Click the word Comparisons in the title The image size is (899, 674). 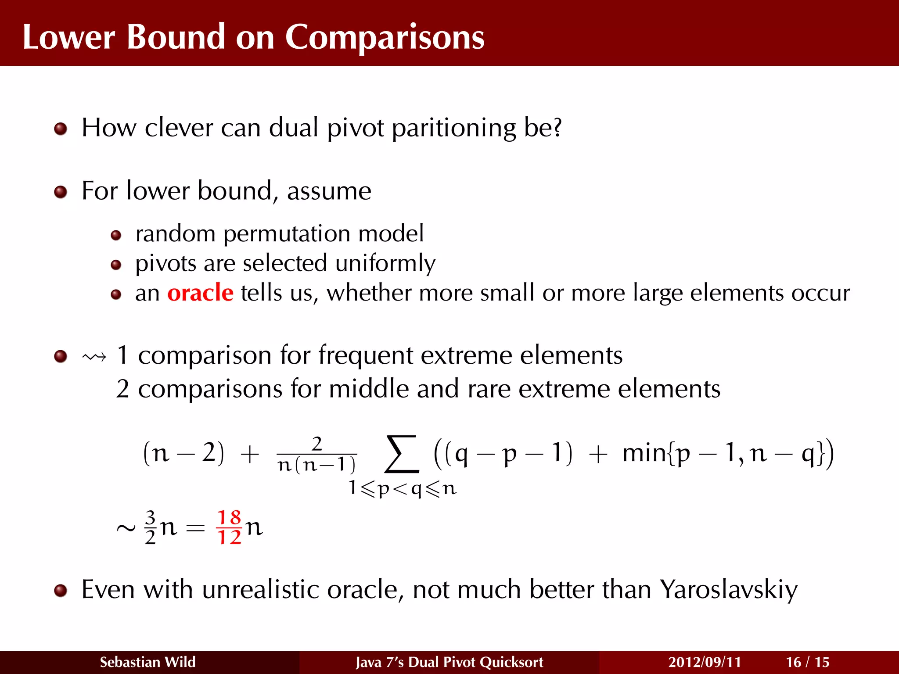tap(385, 38)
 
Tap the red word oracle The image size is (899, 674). tap(200, 293)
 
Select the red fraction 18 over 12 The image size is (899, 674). tap(229, 527)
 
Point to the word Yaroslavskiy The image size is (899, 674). tap(729, 589)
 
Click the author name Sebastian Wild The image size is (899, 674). tap(147, 662)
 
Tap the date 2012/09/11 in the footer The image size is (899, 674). tap(705, 662)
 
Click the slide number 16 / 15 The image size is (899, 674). tap(807, 662)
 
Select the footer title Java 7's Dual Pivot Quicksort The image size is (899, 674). tap(449, 662)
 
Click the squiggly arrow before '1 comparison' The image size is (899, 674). tap(94, 357)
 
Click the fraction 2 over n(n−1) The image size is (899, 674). tap(317, 455)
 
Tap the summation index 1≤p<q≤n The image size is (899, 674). tap(403, 488)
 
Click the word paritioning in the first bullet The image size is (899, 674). tap(454, 128)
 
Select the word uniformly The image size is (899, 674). tap(385, 263)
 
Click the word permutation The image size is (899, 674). tap(287, 233)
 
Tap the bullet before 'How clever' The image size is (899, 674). tap(61, 129)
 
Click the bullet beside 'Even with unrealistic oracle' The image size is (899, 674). tap(61, 591)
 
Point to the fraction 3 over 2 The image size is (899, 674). tap(150, 527)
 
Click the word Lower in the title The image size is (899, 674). tap(69, 38)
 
